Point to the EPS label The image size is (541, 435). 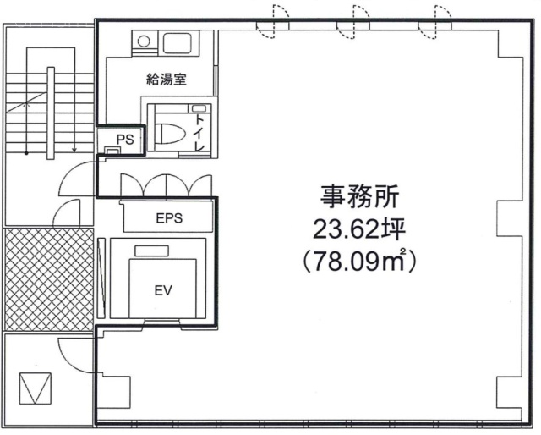tap(169, 217)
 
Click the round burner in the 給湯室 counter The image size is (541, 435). tap(145, 40)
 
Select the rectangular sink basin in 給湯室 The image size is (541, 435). tap(178, 41)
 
